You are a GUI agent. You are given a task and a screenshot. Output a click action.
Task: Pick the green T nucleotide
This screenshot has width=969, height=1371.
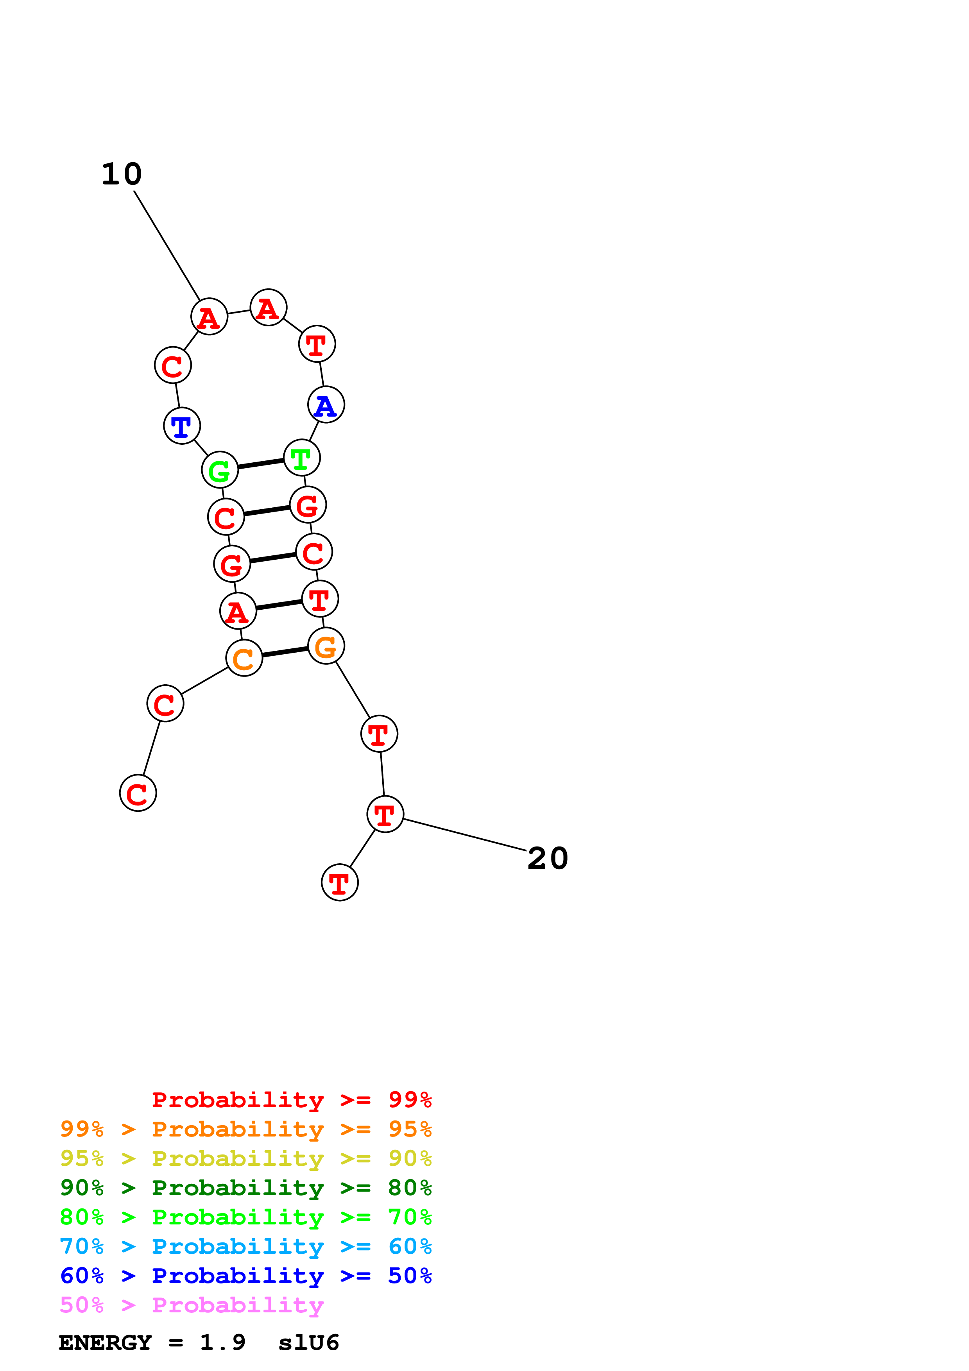(x=301, y=458)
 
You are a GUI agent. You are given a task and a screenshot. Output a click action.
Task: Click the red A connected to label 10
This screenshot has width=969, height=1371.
(x=209, y=317)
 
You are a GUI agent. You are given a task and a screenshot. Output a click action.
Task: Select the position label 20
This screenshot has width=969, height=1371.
(x=548, y=859)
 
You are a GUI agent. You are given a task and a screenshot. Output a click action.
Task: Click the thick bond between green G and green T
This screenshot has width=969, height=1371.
(x=261, y=464)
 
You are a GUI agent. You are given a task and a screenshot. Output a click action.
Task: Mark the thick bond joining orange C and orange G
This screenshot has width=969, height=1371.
(x=285, y=652)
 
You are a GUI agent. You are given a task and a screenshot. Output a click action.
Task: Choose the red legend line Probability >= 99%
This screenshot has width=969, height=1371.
(x=291, y=1100)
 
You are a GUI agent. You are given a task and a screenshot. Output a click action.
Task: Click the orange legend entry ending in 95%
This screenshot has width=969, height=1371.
(x=245, y=1129)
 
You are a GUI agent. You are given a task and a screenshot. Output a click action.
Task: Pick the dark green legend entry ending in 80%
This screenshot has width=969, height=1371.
(x=245, y=1188)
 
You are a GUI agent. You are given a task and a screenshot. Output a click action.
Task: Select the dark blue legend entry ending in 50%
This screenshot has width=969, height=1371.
(x=245, y=1276)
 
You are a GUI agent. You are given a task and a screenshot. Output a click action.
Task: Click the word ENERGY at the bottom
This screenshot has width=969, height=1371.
(x=105, y=1343)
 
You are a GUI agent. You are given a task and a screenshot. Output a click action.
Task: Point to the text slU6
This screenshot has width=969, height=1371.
(x=309, y=1343)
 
